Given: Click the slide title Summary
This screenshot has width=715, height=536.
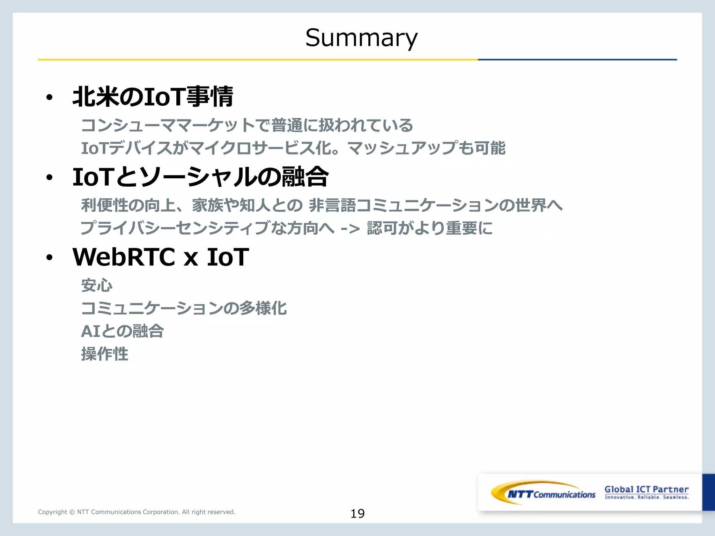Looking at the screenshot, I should click(361, 37).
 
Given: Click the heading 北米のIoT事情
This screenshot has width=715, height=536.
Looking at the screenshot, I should click(153, 97).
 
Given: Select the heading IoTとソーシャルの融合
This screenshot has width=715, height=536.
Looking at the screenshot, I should click(200, 177).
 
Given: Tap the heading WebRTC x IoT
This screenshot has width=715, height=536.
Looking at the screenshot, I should click(161, 257).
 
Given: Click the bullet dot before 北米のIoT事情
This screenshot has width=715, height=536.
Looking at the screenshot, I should click(49, 98).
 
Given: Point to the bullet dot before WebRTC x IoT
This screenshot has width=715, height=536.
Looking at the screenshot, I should click(49, 258).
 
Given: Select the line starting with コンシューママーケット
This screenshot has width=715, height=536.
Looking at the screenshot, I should click(247, 125).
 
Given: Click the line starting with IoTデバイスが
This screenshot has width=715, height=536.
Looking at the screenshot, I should click(293, 148).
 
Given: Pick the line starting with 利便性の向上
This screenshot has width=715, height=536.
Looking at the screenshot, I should click(321, 205).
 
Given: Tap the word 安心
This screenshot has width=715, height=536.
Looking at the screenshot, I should click(97, 285).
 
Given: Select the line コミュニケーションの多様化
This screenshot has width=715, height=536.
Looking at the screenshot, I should click(184, 308).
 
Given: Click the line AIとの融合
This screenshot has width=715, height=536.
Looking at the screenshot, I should click(122, 331).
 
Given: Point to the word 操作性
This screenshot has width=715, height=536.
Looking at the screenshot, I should click(105, 354).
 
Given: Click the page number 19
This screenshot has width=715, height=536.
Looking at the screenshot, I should click(357, 513).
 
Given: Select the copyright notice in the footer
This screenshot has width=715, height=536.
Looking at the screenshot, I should click(137, 512).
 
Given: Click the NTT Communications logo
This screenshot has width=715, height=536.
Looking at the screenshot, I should click(543, 493).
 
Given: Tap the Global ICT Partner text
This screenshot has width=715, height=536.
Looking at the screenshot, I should click(646, 490).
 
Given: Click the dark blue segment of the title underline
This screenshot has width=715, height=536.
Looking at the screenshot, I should click(577, 60).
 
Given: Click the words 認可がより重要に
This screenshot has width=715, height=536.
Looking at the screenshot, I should click(429, 228).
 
